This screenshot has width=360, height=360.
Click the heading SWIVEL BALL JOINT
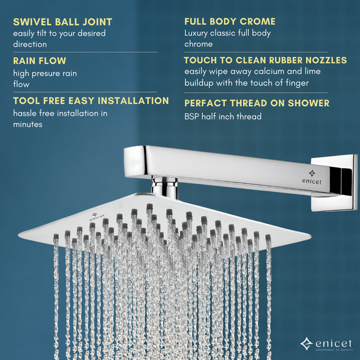[x=62, y=22]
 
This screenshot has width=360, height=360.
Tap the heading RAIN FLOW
[x=40, y=61]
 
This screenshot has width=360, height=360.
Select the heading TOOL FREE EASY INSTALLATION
[x=91, y=101]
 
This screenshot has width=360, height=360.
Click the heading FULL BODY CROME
[x=230, y=22]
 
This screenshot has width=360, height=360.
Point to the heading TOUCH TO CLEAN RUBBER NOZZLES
[x=265, y=60]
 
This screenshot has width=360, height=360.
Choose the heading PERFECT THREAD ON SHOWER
[x=257, y=103]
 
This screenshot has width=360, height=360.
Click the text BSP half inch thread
[x=223, y=116]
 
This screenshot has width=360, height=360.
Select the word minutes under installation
[x=28, y=124]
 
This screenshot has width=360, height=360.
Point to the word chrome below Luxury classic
[x=199, y=44]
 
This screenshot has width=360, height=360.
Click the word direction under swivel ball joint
[x=30, y=44]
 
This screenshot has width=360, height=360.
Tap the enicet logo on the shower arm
[x=312, y=177]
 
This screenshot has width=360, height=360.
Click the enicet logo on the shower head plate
[x=97, y=217]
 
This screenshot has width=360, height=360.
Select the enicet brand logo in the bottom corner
[x=326, y=344]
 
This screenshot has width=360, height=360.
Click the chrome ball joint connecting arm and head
[x=164, y=187]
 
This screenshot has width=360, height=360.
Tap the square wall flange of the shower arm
[x=334, y=182]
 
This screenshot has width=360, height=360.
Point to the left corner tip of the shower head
[x=19, y=235]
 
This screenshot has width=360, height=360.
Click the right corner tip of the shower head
[x=311, y=236]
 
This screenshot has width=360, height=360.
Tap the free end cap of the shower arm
[x=135, y=161]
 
